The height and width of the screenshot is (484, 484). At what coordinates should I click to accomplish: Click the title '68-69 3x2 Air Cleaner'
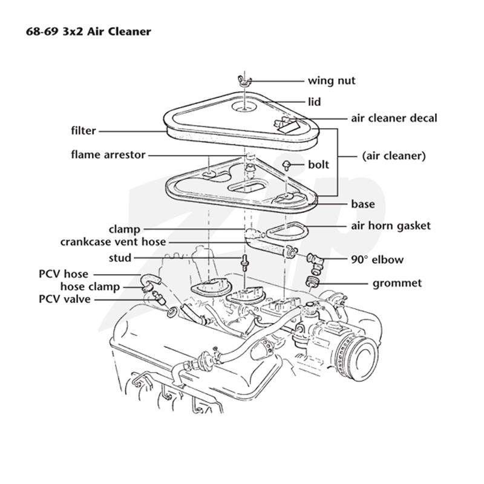click(88, 31)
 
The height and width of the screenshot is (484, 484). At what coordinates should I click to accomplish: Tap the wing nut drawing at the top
click(245, 80)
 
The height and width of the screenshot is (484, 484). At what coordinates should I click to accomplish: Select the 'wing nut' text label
click(332, 80)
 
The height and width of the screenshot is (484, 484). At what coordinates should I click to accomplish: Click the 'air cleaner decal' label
click(394, 118)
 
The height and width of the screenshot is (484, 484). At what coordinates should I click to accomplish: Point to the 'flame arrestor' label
click(108, 155)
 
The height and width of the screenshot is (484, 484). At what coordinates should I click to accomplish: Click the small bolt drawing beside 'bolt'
click(287, 165)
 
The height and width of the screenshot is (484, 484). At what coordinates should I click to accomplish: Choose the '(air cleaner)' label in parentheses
click(394, 155)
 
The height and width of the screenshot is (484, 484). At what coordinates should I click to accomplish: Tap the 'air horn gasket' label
click(391, 226)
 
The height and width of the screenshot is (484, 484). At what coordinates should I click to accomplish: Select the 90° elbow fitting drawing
click(315, 264)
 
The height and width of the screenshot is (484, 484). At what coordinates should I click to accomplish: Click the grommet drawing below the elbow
click(312, 282)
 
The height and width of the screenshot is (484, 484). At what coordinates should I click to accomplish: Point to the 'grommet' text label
click(397, 283)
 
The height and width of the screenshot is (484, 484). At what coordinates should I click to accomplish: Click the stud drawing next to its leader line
click(245, 263)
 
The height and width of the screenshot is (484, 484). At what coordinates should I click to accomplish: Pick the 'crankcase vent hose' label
click(113, 241)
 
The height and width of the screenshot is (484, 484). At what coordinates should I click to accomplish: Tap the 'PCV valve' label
click(65, 299)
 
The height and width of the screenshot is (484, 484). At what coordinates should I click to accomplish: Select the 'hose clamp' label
click(90, 287)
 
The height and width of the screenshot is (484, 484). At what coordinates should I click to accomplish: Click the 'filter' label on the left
click(83, 131)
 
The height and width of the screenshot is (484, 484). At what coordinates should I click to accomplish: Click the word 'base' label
click(363, 204)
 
